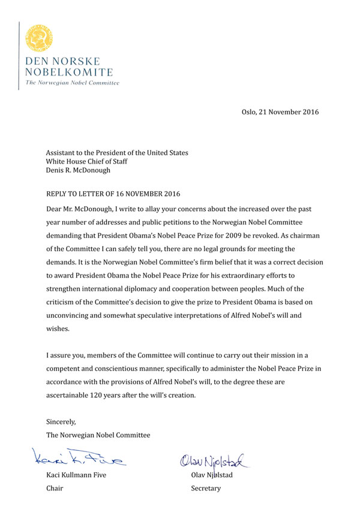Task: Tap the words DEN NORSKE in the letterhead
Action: tap(62, 62)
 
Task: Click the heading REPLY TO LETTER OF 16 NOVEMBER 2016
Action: tap(113, 193)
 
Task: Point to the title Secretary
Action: tap(206, 489)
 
